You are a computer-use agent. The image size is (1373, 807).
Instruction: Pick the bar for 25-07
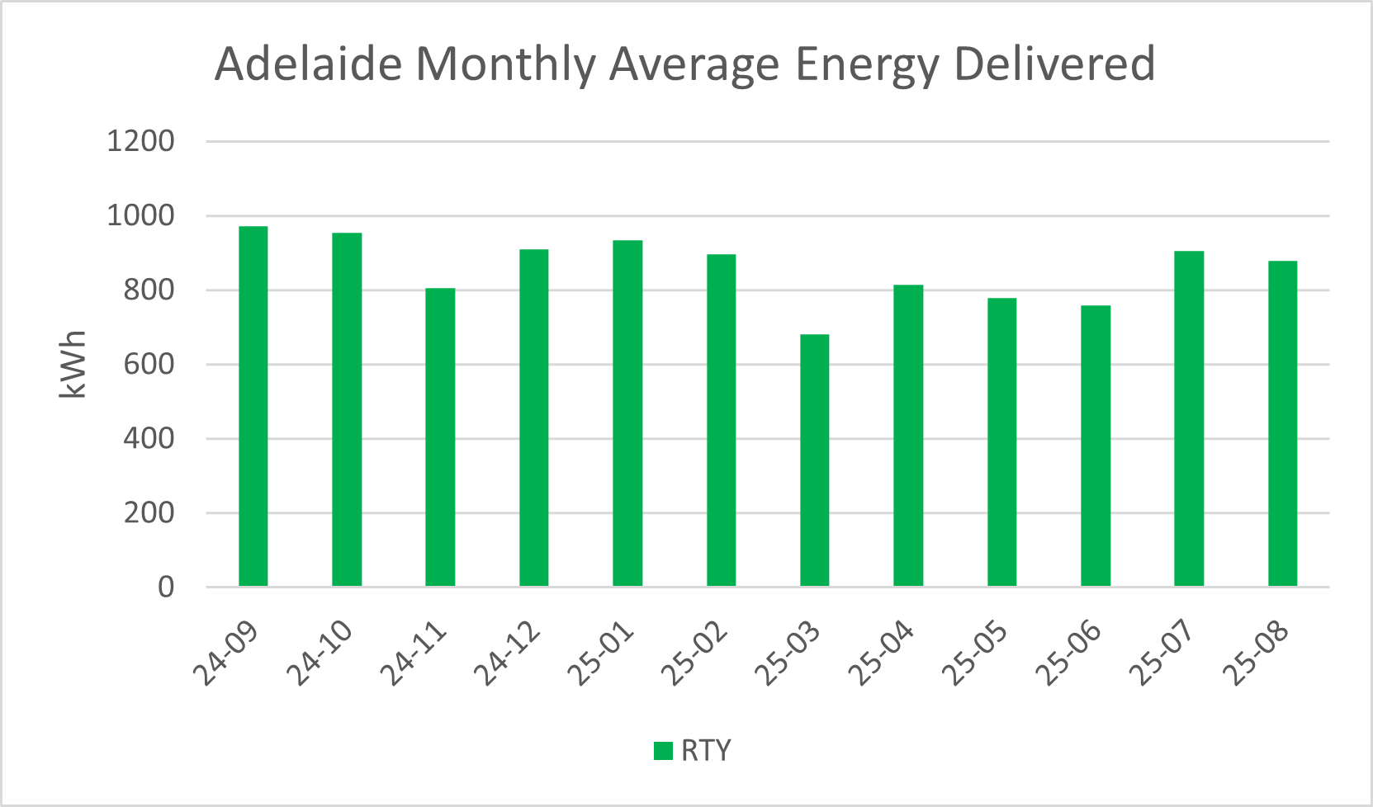point(1189,418)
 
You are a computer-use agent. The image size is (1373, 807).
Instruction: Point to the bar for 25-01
point(627,413)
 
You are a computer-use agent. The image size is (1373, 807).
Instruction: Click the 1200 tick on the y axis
point(140,141)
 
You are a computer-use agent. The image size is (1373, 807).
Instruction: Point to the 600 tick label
point(149,364)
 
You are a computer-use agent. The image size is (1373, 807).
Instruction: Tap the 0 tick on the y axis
point(166,587)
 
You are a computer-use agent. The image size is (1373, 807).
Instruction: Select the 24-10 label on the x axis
point(320,653)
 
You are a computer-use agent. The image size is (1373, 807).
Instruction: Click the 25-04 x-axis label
point(881,653)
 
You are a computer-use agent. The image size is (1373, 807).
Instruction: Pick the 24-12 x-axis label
point(507,653)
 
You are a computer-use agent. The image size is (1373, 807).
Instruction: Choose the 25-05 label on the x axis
point(975,653)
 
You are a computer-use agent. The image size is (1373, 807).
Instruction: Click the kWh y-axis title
point(73,364)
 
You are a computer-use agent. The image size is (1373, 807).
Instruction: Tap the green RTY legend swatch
point(663,751)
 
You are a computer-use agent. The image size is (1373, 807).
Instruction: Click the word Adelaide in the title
point(308,64)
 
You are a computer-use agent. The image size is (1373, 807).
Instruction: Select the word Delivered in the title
point(1054,64)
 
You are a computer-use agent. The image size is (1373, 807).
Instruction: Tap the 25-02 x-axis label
point(694,653)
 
